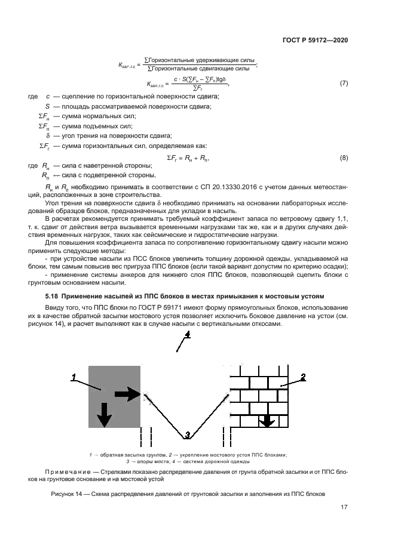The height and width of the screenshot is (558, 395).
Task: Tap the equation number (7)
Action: click(344, 83)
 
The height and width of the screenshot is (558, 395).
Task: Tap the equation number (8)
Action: click(344, 158)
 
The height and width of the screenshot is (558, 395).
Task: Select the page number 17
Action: click(344, 508)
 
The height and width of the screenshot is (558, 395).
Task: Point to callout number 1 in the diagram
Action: click(74, 377)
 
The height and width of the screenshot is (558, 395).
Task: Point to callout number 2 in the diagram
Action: click(303, 377)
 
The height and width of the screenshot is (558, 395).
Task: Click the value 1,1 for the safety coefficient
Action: click(343, 221)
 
